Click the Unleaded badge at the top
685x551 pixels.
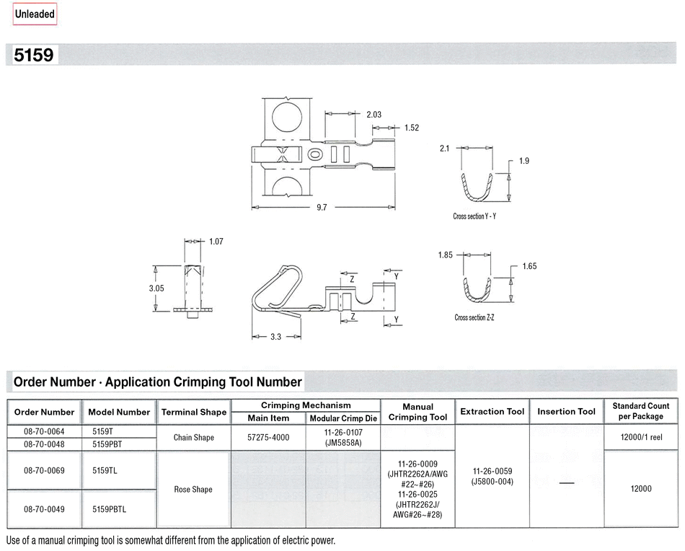tap(35, 14)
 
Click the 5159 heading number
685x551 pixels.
tap(34, 55)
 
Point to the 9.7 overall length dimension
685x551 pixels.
tap(322, 208)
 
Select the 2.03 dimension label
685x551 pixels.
tap(374, 115)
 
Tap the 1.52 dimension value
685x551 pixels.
tap(412, 128)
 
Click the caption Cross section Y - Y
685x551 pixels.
tap(474, 216)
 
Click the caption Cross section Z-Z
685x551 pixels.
tap(474, 317)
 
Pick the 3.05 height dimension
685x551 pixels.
tap(156, 288)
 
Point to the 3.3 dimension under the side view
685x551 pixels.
tap(275, 337)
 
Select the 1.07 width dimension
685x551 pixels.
tap(216, 242)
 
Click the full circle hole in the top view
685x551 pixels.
tap(287, 118)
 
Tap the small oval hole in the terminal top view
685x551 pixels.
tap(314, 154)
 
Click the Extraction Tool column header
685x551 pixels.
tap(492, 412)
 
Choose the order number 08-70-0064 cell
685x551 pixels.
tap(44, 432)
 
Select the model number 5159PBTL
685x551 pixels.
tap(109, 509)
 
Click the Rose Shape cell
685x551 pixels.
tap(193, 490)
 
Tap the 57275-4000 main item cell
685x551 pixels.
tap(268, 437)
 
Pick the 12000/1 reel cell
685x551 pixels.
tap(641, 437)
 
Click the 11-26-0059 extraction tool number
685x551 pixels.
tap(492, 472)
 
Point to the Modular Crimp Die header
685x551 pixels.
tap(343, 418)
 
